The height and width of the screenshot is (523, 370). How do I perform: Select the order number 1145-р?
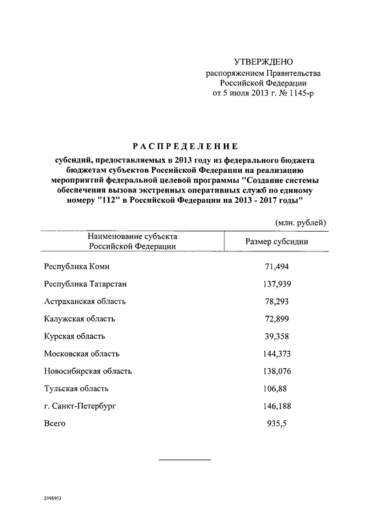(302, 93)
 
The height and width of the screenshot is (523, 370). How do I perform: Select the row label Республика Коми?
(76, 266)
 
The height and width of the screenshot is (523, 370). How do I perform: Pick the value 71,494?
(276, 266)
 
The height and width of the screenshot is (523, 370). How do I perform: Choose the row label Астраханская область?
(84, 301)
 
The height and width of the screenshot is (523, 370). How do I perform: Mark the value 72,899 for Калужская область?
(276, 318)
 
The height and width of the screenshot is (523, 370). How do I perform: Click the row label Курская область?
(75, 336)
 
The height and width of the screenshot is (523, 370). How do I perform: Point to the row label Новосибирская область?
(88, 371)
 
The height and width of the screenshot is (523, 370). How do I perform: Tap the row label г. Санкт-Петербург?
(80, 406)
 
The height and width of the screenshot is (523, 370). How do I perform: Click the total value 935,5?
(276, 423)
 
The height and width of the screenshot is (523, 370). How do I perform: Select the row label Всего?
(55, 423)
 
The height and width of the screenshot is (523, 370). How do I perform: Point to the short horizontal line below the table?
(184, 459)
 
